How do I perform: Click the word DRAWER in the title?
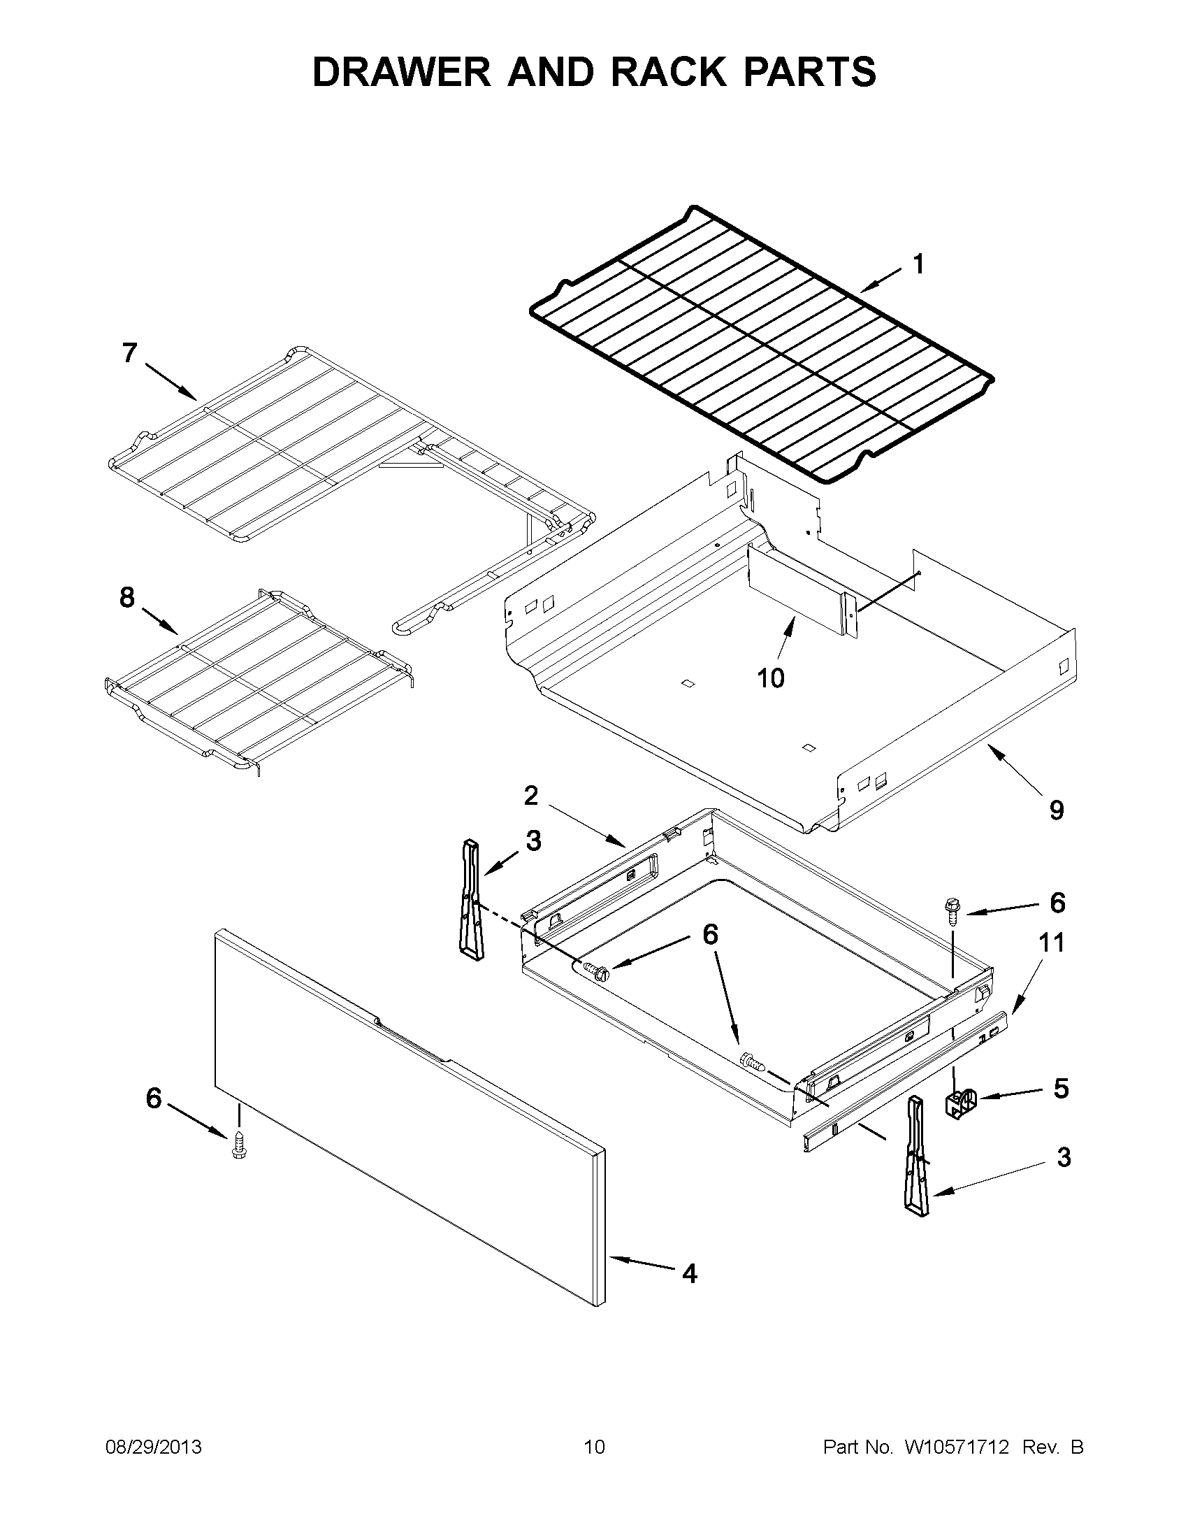[401, 72]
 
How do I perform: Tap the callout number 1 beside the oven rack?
[918, 264]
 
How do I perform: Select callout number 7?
[129, 352]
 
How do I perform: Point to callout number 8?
[126, 598]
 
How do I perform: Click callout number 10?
[770, 678]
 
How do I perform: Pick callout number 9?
[1057, 810]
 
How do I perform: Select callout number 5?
[1061, 1088]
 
